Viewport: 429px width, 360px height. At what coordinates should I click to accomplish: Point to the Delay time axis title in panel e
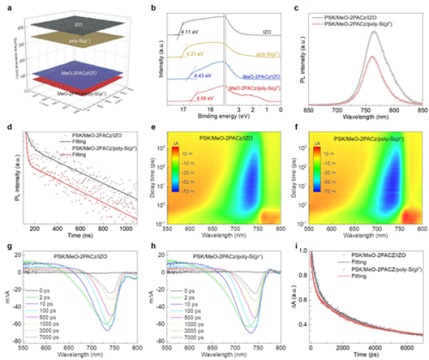[156, 172]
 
